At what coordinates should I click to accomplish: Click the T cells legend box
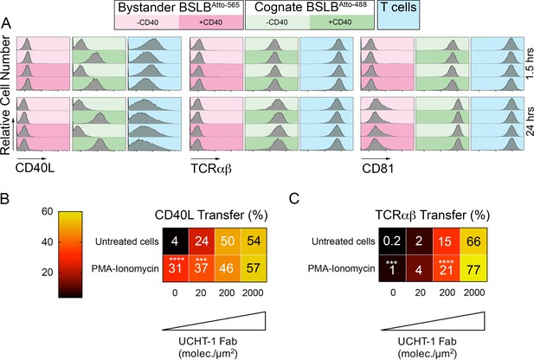point(398,15)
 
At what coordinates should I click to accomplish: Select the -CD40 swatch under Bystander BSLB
point(147,22)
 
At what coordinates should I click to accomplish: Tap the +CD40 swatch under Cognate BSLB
point(342,22)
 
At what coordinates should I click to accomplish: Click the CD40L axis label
point(35,168)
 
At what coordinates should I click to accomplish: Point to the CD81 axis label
point(377,168)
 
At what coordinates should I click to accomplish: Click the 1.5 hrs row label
point(529,63)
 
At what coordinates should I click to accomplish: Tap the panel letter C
point(294,198)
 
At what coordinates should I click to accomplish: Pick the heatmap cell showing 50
point(228,241)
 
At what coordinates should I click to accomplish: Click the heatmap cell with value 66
point(473,241)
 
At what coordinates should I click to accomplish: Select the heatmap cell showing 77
point(473,268)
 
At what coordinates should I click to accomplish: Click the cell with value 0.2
point(392,241)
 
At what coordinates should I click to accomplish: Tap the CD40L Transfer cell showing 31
point(175,268)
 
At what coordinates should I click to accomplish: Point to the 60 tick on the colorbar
point(48,211)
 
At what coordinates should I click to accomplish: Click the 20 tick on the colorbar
point(48,272)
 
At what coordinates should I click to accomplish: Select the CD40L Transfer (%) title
point(211,215)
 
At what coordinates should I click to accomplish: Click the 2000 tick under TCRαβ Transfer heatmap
point(474,292)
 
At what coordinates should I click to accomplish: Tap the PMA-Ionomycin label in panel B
point(125,269)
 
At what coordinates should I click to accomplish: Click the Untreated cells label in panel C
point(344,241)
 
